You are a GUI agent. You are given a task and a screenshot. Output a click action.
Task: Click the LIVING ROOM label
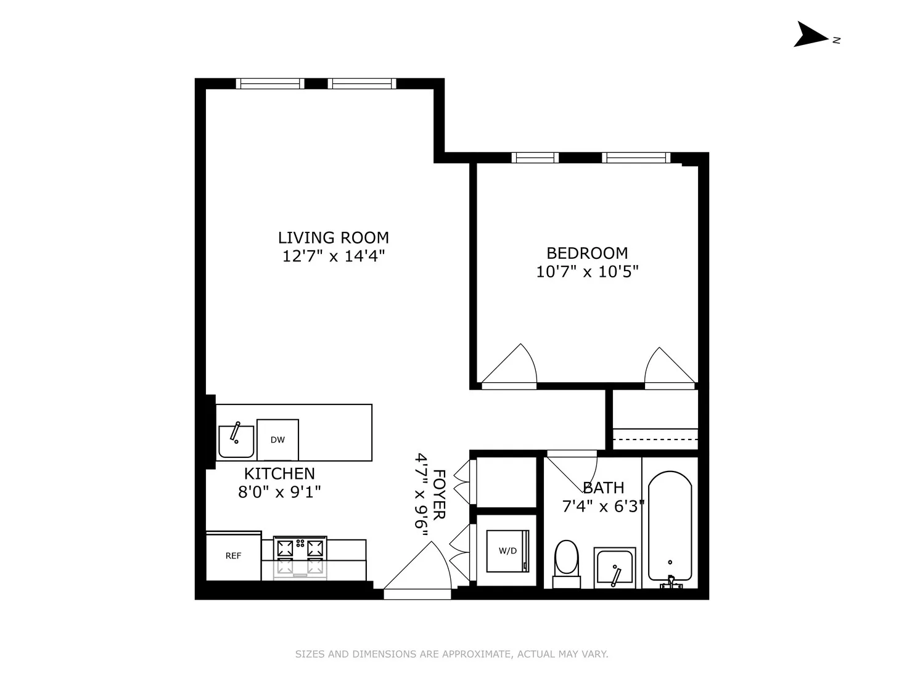(333, 237)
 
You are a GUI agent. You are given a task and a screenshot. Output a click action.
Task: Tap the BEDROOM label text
(587, 253)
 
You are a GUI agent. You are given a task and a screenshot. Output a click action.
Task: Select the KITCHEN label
(279, 473)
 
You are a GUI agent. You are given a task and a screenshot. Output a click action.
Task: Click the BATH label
(603, 488)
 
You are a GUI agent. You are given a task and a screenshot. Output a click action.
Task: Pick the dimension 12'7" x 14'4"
(333, 256)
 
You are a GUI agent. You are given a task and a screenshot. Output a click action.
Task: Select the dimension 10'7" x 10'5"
(587, 272)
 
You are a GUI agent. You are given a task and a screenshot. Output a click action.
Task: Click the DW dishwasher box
(277, 439)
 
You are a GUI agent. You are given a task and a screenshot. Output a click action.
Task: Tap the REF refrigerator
(233, 556)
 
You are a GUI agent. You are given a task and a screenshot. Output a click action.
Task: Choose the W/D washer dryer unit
(507, 551)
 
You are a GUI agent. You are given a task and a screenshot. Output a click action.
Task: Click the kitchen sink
(236, 441)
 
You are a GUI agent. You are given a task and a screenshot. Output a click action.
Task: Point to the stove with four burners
(300, 557)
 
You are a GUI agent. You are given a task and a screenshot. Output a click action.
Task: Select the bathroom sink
(614, 568)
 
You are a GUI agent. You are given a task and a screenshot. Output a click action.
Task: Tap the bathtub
(670, 527)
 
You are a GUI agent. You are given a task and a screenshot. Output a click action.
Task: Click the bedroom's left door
(511, 367)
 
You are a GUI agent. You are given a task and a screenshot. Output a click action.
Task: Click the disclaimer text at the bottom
(451, 654)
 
